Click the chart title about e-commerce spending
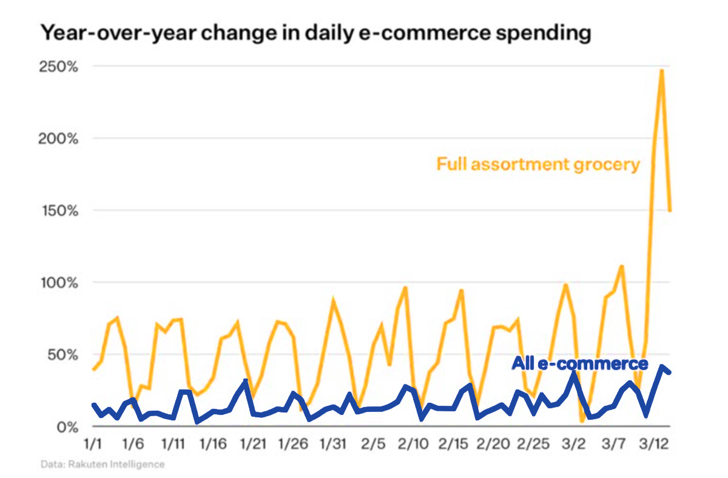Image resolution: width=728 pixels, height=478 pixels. point(315,33)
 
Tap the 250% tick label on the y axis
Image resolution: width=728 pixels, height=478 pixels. point(60,67)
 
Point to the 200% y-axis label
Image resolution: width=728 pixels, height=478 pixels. point(60,139)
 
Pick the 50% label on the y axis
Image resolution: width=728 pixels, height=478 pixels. point(64,354)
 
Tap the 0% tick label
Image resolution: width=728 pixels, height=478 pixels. point(68,426)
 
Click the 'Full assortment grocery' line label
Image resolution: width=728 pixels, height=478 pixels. point(538,164)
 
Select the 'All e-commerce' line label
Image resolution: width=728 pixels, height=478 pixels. point(580,364)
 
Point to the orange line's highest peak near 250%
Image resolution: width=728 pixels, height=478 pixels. point(661,71)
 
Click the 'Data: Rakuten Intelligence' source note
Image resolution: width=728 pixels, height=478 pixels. point(103,465)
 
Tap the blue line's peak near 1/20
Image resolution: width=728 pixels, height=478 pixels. point(246,382)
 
